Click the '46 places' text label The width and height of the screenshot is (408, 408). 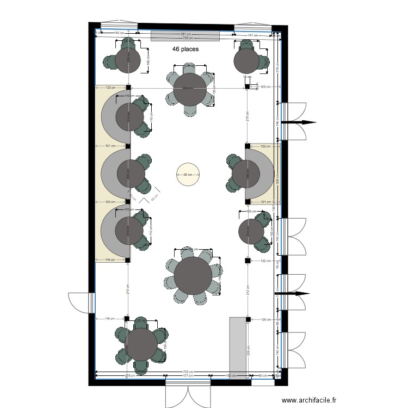point(186,49)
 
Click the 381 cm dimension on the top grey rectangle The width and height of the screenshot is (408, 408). point(186,34)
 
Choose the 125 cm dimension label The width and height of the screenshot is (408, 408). point(265,87)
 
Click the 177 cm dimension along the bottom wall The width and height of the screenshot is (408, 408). point(188,376)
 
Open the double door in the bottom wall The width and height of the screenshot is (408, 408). point(188,393)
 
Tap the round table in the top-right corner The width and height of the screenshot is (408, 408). point(247,61)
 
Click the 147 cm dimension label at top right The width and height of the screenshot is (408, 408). point(252,35)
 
